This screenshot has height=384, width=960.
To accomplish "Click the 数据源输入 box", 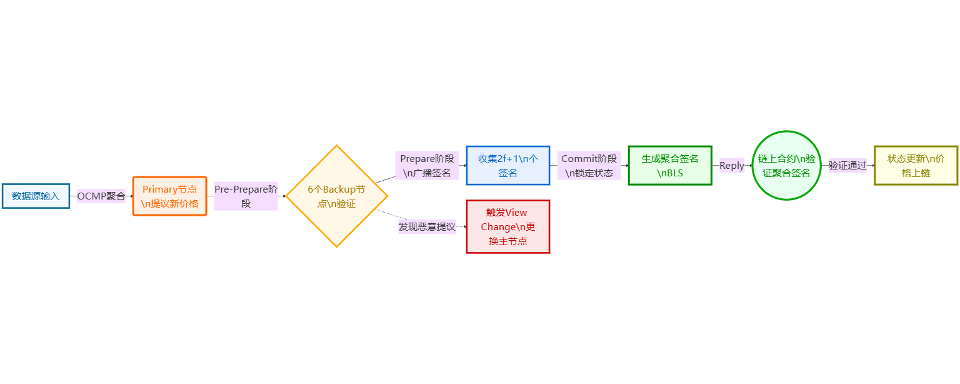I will click(x=36, y=196).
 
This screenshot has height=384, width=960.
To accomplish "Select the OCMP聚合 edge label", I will click(x=101, y=196).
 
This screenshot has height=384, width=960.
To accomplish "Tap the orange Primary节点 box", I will click(x=169, y=196).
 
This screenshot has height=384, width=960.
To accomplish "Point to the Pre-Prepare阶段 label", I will click(x=246, y=196).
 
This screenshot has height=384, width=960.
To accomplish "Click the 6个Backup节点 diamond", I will click(x=336, y=196).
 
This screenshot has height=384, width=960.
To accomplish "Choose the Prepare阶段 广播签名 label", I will click(x=427, y=166).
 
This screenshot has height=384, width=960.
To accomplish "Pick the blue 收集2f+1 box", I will click(x=507, y=166).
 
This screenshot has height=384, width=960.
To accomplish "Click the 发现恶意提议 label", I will click(x=427, y=227).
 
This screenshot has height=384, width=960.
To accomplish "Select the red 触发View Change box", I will click(x=507, y=227).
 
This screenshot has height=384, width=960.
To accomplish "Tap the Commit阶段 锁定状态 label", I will click(x=589, y=166).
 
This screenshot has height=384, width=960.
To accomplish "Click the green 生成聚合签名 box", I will click(x=670, y=166).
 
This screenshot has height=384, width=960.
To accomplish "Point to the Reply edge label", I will click(x=732, y=166).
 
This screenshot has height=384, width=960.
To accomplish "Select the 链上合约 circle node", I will click(x=786, y=166).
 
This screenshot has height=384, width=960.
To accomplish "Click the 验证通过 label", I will click(x=847, y=166).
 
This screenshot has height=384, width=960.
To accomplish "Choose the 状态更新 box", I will click(x=916, y=166).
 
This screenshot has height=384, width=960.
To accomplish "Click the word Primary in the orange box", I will click(x=160, y=189).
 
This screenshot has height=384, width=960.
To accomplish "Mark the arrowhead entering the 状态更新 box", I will click(x=872, y=166).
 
